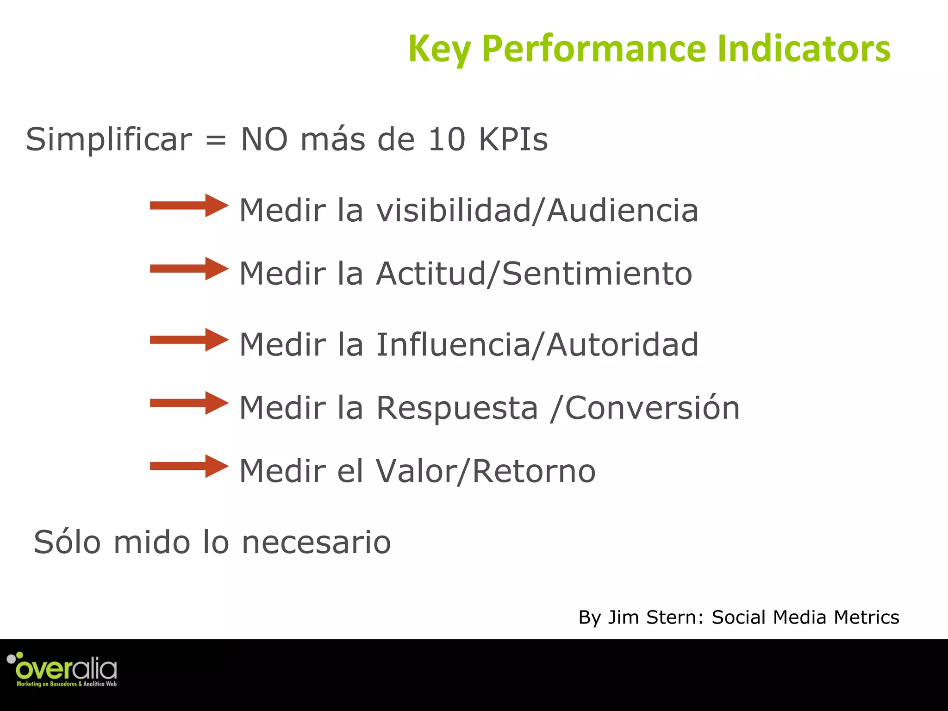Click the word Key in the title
coord(439,49)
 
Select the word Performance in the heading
coord(594,49)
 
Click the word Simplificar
coord(109,139)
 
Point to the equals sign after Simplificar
coord(216,140)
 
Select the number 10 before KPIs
coord(446,139)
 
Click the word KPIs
coord(513,139)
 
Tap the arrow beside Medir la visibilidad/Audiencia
coord(189,206)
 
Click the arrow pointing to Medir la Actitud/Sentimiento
coord(189,268)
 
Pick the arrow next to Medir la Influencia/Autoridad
coord(189,340)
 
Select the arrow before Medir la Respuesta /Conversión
coord(189,403)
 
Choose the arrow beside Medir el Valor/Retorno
coord(189,466)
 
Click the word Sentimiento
coord(597,274)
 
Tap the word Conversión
coord(652,408)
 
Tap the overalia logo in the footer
coord(62,669)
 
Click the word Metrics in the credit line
coord(866,617)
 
